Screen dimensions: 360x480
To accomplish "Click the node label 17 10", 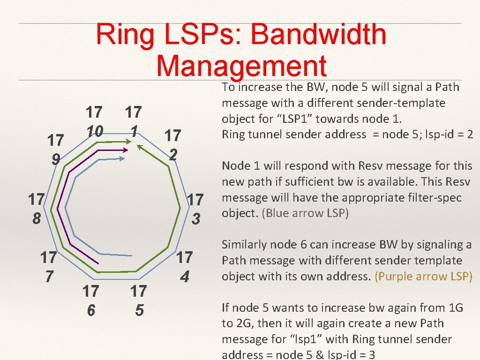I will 94,121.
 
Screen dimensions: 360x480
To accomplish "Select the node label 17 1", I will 134,121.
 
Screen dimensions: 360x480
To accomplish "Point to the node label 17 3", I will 195,208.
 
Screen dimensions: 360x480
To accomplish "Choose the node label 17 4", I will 185,266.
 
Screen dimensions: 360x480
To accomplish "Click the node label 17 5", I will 138,300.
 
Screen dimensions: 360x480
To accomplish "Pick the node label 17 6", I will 90,300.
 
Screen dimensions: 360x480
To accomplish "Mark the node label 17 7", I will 48,266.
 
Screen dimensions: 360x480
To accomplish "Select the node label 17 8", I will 36,208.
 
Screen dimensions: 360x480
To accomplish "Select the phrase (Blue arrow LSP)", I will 306,213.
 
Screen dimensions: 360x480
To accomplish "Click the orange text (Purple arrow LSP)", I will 423,276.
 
